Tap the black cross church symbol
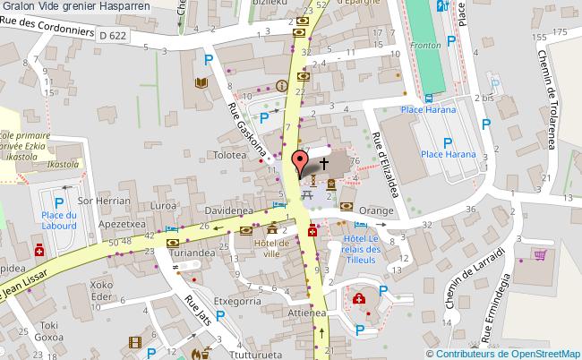323,164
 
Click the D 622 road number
113,35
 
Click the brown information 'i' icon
283,87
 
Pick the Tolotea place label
230,155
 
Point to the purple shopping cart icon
539,254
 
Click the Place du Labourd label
59,220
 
